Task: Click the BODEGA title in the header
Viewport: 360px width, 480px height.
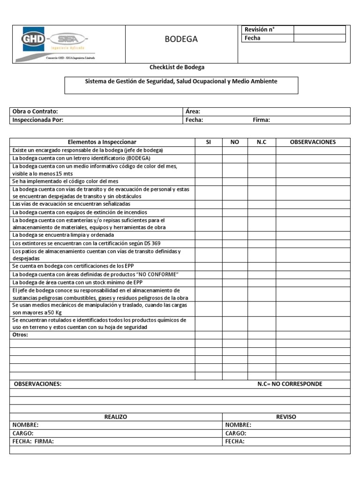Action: [x=181, y=39]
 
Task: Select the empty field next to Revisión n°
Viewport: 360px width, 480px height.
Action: [x=319, y=30]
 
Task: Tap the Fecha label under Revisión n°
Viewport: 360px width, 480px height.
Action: [x=252, y=38]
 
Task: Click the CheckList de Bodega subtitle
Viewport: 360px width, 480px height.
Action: [x=177, y=67]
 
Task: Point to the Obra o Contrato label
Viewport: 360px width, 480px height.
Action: [x=35, y=112]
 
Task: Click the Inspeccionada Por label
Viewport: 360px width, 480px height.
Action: [x=38, y=120]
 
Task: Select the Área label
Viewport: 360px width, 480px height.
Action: [x=193, y=112]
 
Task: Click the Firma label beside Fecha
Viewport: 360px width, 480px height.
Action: [x=261, y=120]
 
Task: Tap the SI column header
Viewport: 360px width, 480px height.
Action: [x=209, y=142]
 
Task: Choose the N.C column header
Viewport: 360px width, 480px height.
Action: [x=262, y=142]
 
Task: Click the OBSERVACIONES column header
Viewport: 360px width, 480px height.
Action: [x=313, y=142]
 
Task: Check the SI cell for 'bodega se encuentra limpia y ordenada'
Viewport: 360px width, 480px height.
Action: [x=209, y=235]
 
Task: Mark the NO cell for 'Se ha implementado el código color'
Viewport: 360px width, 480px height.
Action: [x=235, y=181]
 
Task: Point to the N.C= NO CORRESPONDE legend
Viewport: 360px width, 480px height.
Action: [x=290, y=384]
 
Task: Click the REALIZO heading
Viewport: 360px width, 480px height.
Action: [x=115, y=417]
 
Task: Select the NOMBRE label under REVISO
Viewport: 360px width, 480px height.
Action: [x=238, y=425]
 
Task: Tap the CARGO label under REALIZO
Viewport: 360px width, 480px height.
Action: [x=23, y=433]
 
